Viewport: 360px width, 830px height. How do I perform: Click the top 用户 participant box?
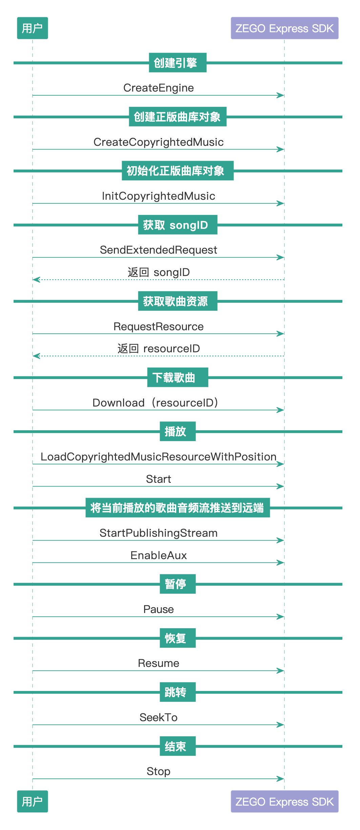[x=33, y=28]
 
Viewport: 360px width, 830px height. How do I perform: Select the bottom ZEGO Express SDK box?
[x=285, y=801]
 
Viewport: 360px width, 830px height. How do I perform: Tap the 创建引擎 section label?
[x=178, y=63]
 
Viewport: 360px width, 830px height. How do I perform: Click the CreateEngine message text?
[x=159, y=88]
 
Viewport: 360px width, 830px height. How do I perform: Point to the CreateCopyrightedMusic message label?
[x=159, y=142]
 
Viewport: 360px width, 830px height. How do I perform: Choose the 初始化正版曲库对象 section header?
[x=178, y=171]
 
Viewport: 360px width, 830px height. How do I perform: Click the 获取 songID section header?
[x=178, y=225]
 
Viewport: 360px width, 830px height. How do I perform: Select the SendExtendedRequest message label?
[x=159, y=250]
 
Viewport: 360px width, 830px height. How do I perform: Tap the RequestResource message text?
[x=159, y=327]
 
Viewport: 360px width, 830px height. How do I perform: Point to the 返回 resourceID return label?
[x=159, y=349]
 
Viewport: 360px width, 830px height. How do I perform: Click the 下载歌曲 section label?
[x=178, y=377]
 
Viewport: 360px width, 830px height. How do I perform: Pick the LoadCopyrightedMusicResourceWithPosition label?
[x=159, y=457]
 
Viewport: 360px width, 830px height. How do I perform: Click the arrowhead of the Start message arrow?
[x=281, y=486]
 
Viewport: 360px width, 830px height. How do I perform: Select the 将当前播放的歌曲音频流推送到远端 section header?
[x=178, y=508]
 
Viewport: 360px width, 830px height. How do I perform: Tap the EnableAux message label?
[x=159, y=555]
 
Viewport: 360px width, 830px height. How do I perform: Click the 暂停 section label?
[x=178, y=584]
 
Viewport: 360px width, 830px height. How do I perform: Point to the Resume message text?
[x=159, y=663]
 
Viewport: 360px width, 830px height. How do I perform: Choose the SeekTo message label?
[x=159, y=717]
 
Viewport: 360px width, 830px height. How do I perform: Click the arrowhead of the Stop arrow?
[x=281, y=779]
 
